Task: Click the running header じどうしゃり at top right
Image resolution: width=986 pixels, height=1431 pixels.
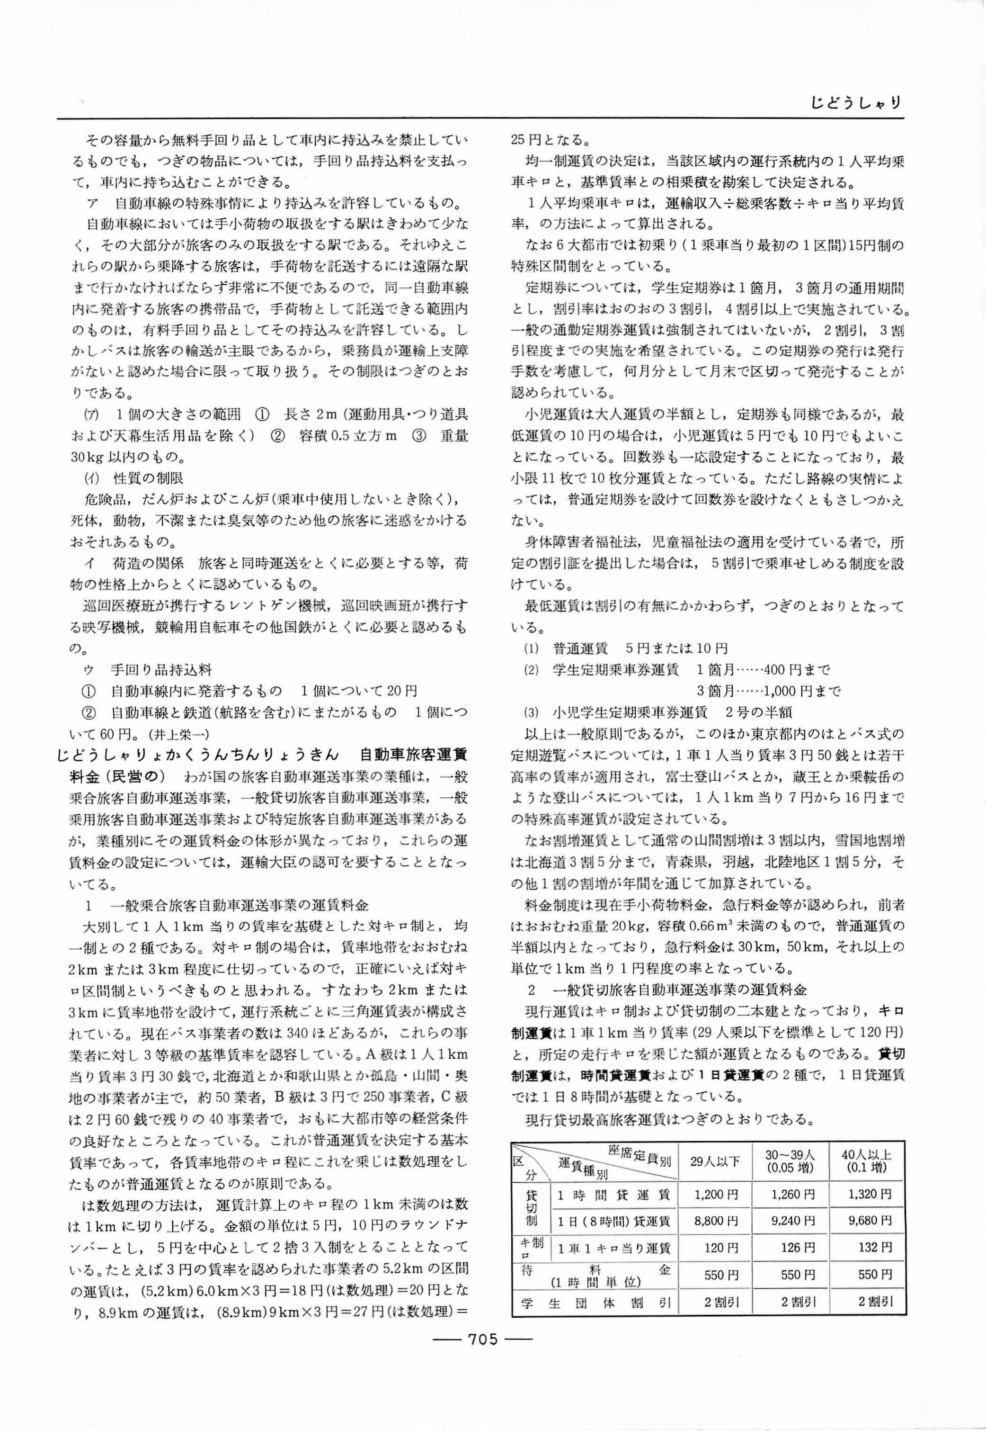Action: click(856, 103)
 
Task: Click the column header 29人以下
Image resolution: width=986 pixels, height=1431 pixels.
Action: click(715, 1160)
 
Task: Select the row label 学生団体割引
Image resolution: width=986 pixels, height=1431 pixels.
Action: click(595, 1303)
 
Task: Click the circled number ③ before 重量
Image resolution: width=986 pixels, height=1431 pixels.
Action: click(418, 436)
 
